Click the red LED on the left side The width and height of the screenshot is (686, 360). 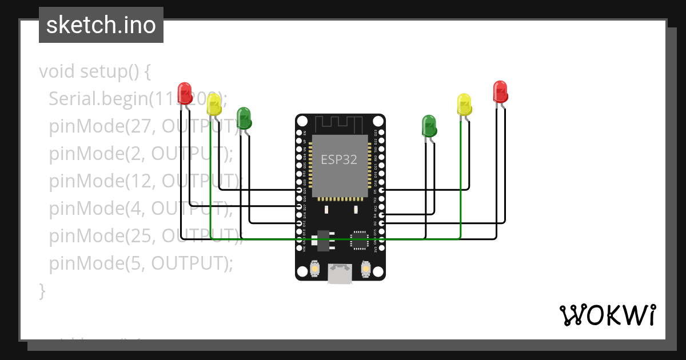tap(185, 93)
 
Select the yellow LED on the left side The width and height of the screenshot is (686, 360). tap(214, 105)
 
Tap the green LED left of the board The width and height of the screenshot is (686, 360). tap(244, 117)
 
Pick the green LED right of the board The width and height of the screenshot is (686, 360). tap(429, 126)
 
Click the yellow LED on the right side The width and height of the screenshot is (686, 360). tap(465, 105)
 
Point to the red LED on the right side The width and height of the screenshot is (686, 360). tap(500, 91)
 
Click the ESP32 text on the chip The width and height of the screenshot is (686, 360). tap(339, 159)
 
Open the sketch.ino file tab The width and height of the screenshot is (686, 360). tap(101, 25)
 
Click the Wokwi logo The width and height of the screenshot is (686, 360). tap(607, 315)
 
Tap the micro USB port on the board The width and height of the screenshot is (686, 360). tap(340, 274)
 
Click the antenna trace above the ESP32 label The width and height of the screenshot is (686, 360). tap(339, 122)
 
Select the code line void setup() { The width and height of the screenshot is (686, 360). tap(95, 72)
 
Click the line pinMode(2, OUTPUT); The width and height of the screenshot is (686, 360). tap(141, 154)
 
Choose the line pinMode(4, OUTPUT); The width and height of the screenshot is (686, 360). tap(141, 209)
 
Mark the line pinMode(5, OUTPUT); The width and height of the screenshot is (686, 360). tap(141, 263)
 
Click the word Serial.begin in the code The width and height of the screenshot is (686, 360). tap(98, 99)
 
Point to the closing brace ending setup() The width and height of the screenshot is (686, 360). tap(42, 291)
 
